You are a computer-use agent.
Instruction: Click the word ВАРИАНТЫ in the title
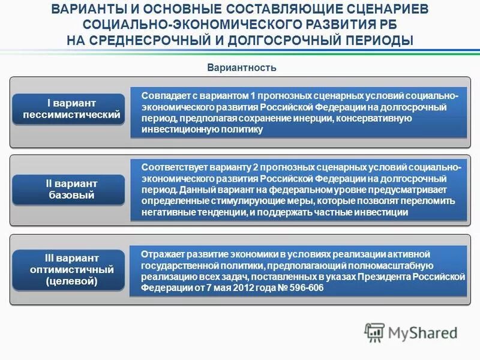tap(86, 10)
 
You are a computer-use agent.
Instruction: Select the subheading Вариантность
tap(242, 67)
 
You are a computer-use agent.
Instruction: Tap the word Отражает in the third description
tap(162, 254)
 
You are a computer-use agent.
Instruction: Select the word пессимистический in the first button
tap(71, 115)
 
